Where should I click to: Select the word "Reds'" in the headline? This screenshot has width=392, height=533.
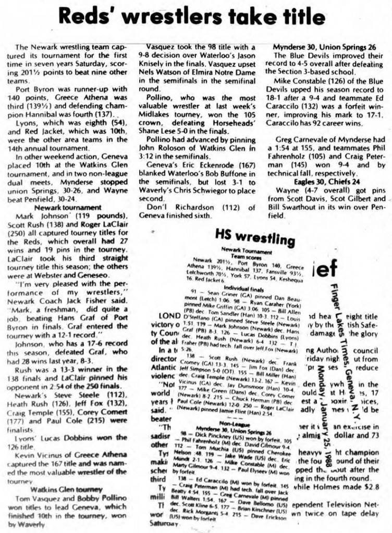84,18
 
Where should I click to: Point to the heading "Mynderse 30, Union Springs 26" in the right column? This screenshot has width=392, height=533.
324,47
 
